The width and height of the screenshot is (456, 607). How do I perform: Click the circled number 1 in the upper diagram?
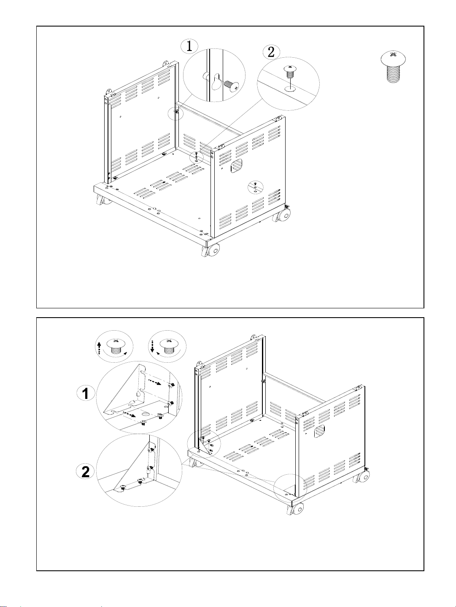click(x=190, y=46)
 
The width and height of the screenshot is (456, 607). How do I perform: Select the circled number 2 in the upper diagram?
click(x=271, y=52)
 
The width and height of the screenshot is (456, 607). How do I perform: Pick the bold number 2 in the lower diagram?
click(x=86, y=471)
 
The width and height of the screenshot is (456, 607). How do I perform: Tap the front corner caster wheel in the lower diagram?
click(x=297, y=509)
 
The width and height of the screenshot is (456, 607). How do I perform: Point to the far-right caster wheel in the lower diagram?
click(x=363, y=477)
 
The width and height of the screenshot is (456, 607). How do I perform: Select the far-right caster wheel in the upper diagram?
click(x=283, y=216)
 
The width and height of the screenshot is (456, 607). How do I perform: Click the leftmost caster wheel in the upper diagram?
click(x=103, y=200)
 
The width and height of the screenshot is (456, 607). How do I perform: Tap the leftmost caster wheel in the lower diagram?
click(x=194, y=463)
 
